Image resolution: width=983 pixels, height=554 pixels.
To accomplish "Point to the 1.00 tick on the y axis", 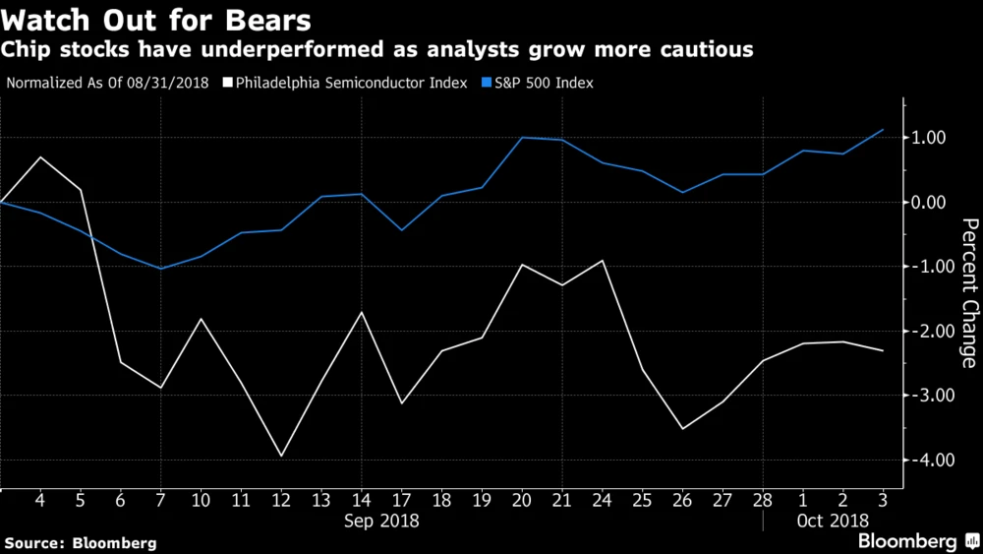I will (x=929, y=138).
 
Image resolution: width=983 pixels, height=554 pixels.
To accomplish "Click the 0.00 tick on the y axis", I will (x=929, y=203).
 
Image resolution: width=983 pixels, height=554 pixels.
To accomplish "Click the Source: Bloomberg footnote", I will (x=81, y=542).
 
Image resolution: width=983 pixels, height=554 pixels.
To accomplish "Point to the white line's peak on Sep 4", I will (x=40, y=157).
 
